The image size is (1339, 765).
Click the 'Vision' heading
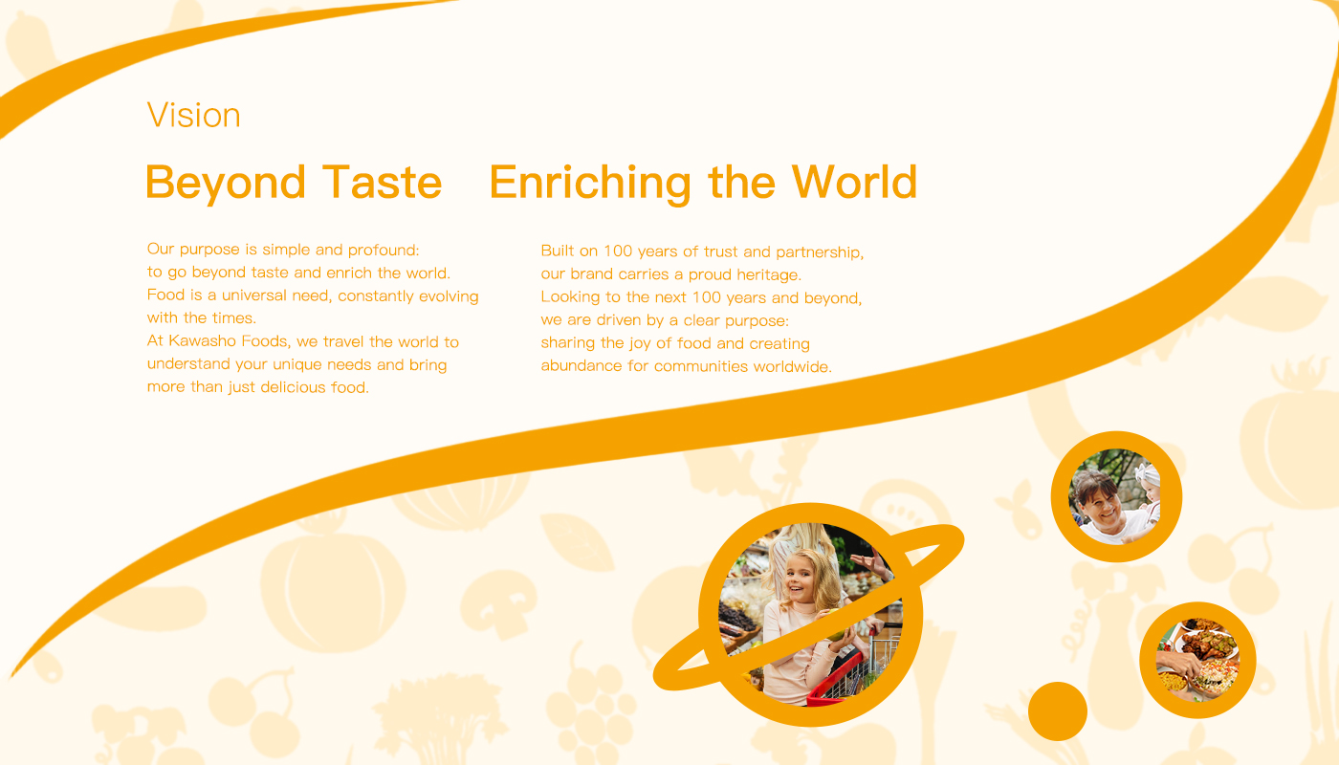[193, 115]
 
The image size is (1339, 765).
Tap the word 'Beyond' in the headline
[226, 183]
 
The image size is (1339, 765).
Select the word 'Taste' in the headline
[382, 182]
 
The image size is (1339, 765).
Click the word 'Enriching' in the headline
[590, 183]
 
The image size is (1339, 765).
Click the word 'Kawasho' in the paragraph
[203, 340]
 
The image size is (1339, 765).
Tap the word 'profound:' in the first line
[384, 250]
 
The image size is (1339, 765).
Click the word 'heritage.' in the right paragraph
[769, 275]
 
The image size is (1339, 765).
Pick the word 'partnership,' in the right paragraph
[821, 252]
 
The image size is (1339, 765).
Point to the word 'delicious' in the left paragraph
[293, 387]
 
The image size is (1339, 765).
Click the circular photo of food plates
[1197, 660]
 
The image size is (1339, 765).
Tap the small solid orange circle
[1058, 711]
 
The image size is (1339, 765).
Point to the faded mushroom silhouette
[498, 603]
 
